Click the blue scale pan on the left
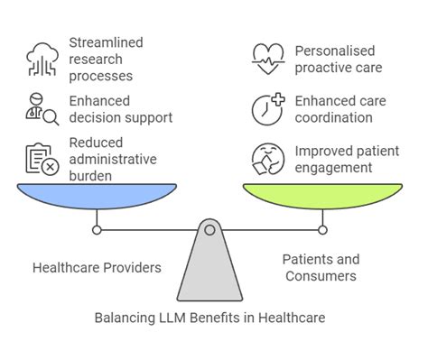click(x=98, y=194)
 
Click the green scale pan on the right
click(x=321, y=194)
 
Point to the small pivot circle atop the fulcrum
click(x=209, y=230)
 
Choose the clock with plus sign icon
click(x=266, y=108)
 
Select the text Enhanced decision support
click(x=120, y=109)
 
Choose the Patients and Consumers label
click(x=322, y=267)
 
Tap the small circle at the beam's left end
click(x=98, y=230)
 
